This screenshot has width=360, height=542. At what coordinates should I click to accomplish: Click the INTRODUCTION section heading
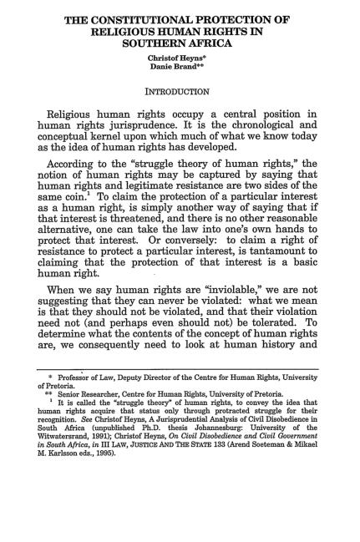pos(180,88)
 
